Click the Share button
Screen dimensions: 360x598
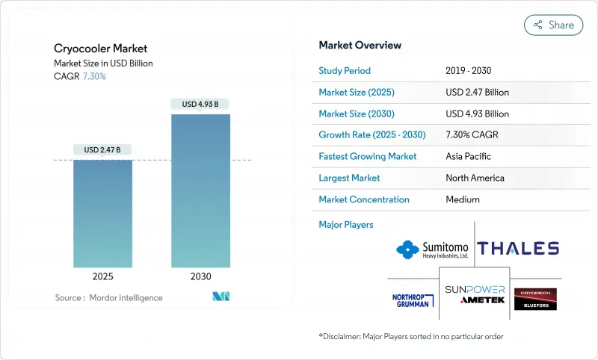pos(553,25)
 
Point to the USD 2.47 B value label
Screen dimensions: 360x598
pos(103,150)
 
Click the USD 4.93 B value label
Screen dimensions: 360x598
pos(200,105)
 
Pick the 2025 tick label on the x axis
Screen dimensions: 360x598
pos(103,276)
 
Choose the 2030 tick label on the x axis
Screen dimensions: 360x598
pos(200,276)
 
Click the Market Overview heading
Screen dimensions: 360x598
pos(360,45)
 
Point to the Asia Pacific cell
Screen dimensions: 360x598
pos(469,157)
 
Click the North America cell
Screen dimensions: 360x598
pos(475,178)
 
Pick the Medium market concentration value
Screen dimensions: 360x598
pos(462,199)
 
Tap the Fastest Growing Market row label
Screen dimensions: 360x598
pos(368,157)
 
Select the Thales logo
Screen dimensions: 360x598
pos(518,249)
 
